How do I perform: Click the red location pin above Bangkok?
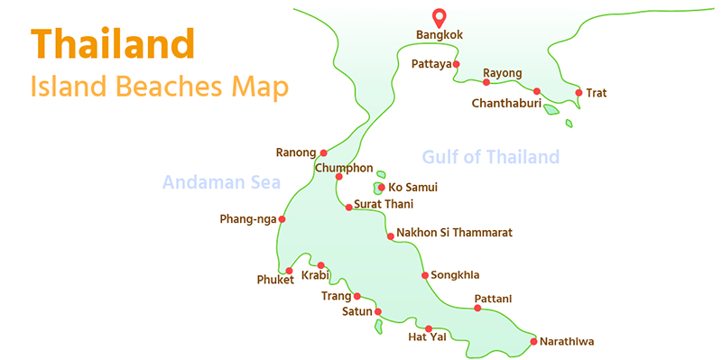click(x=440, y=16)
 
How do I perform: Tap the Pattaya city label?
click(x=430, y=64)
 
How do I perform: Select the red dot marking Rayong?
click(x=486, y=82)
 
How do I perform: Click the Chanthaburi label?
click(x=505, y=104)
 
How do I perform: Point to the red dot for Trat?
click(x=578, y=92)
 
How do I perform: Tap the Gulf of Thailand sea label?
click(x=490, y=157)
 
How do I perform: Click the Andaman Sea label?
click(x=221, y=183)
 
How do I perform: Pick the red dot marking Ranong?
click(x=324, y=152)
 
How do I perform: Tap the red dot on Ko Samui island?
click(x=381, y=188)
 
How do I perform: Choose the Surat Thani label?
click(x=384, y=205)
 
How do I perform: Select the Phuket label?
click(x=275, y=281)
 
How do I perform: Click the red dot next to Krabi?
click(x=320, y=265)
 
